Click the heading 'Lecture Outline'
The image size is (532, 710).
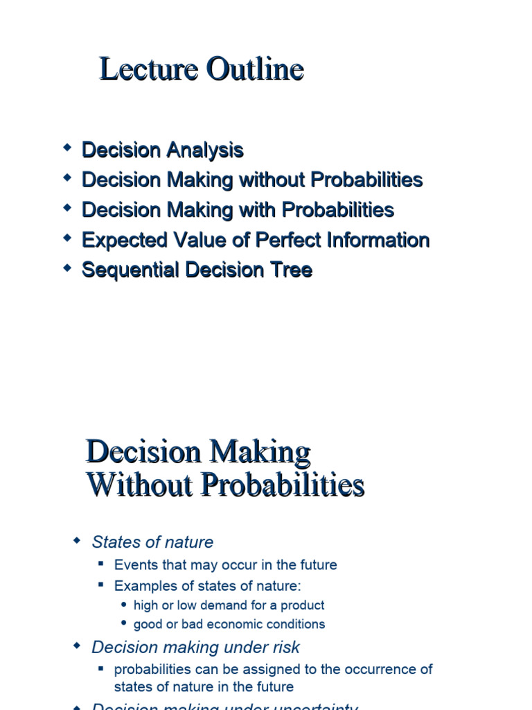[202, 69]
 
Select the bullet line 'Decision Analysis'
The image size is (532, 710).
[163, 150]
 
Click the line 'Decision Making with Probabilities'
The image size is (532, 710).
[238, 209]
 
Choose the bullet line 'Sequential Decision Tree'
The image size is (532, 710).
[197, 270]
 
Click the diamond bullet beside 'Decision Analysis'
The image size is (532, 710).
[67, 148]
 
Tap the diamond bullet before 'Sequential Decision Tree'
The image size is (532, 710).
[67, 268]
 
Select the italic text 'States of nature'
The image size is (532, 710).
[152, 542]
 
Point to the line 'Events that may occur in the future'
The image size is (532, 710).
[225, 565]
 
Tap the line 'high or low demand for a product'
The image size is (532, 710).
[229, 605]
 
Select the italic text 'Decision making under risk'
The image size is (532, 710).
[195, 648]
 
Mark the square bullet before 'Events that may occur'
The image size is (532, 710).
[101, 564]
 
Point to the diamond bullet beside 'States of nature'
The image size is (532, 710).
[78, 541]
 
